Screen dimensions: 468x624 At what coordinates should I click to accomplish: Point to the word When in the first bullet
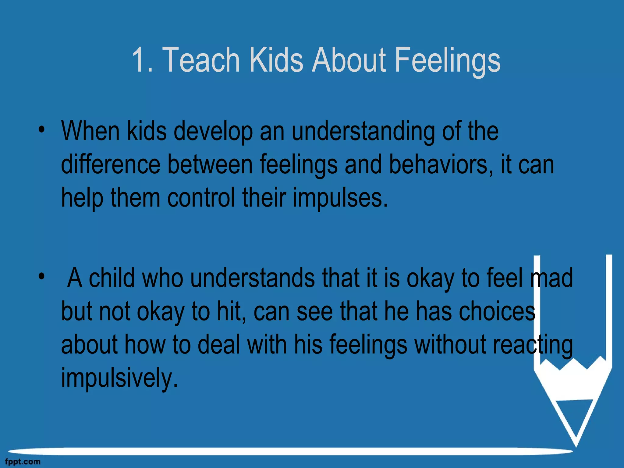tap(90, 131)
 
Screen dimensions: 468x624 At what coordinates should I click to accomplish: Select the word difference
tap(111, 165)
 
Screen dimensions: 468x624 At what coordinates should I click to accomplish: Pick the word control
tap(201, 198)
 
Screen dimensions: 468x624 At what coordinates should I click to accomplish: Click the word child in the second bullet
tap(112, 278)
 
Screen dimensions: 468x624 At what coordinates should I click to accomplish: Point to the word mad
tap(551, 278)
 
